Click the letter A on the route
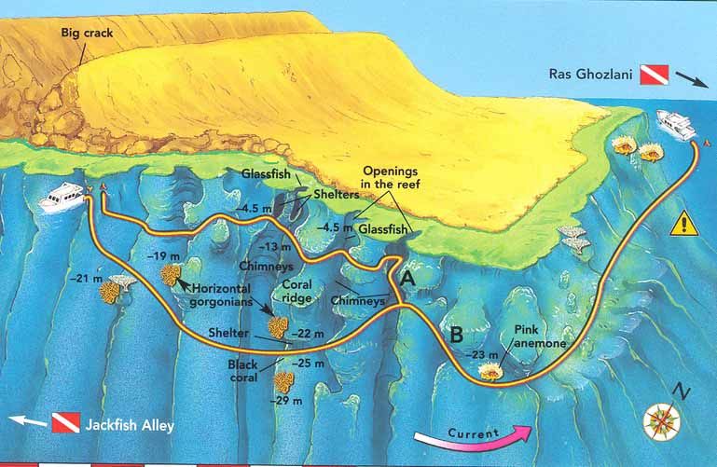[x=407, y=279]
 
